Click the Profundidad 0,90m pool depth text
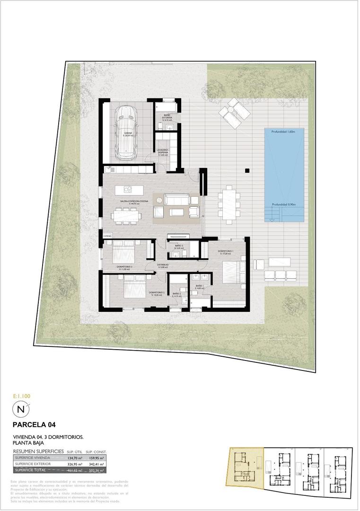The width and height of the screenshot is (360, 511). (x=283, y=204)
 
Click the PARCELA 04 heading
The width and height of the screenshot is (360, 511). (x=35, y=424)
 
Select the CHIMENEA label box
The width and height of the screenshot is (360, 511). (x=107, y=235)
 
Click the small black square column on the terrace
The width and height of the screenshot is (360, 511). (x=246, y=171)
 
